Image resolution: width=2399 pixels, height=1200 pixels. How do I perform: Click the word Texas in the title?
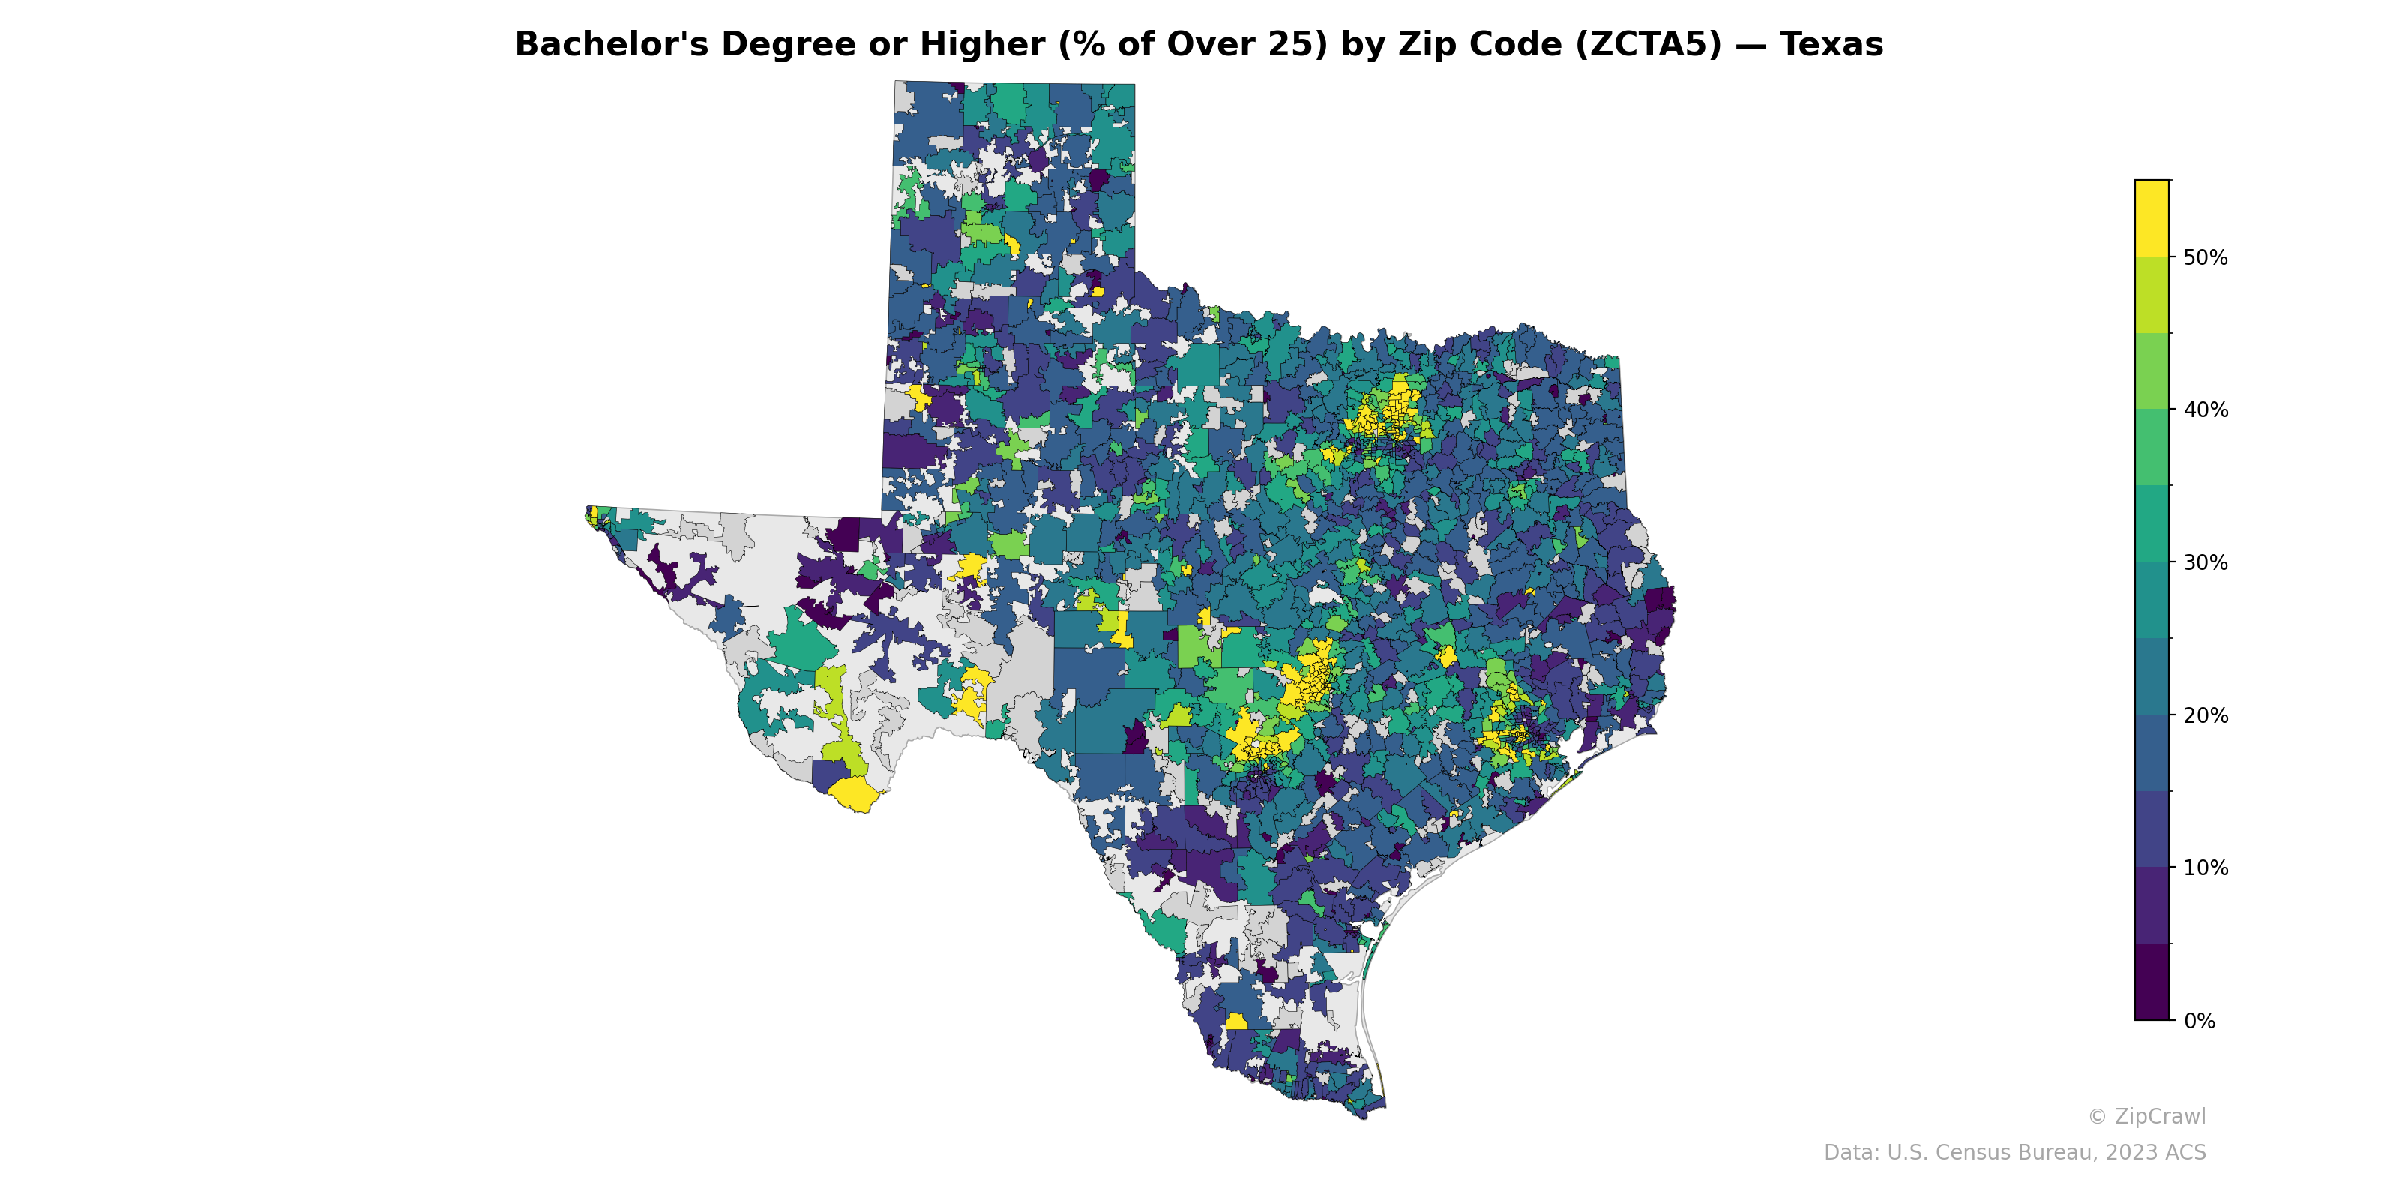coord(1831,45)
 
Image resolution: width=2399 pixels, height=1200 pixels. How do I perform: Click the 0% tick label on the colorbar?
coord(2199,1021)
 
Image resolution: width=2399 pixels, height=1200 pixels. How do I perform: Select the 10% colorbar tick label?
coord(2206,868)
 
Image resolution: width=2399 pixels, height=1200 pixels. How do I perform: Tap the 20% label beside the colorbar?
coord(2206,715)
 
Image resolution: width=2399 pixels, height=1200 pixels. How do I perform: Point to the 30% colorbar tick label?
coord(2206,562)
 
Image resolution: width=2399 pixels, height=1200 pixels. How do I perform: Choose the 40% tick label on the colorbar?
coord(2206,410)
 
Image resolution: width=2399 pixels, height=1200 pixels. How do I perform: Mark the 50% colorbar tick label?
coord(2206,257)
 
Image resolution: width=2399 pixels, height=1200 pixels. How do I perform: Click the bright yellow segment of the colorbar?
coord(2152,218)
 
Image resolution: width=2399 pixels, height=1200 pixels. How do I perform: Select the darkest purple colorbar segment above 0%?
coord(2152,982)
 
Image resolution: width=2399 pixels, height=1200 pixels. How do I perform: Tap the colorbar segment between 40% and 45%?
coord(2152,372)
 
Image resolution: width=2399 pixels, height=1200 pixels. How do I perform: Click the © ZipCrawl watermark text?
coord(2146,1116)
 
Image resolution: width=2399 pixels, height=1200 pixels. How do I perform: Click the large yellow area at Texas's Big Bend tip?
coord(853,793)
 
